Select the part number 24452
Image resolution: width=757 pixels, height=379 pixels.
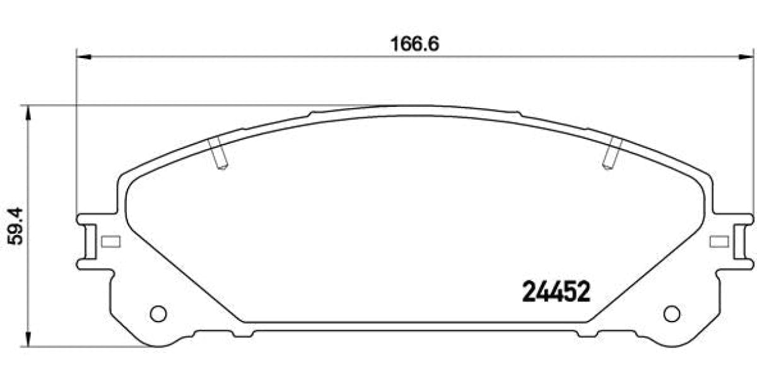(556, 292)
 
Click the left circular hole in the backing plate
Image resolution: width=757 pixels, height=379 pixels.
(158, 313)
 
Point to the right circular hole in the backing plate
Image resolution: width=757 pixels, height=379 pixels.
(672, 313)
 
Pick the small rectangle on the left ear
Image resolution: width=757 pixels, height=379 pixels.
(111, 241)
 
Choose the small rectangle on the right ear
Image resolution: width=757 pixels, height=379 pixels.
(719, 241)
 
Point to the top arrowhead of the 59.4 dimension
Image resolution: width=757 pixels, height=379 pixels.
(28, 113)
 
